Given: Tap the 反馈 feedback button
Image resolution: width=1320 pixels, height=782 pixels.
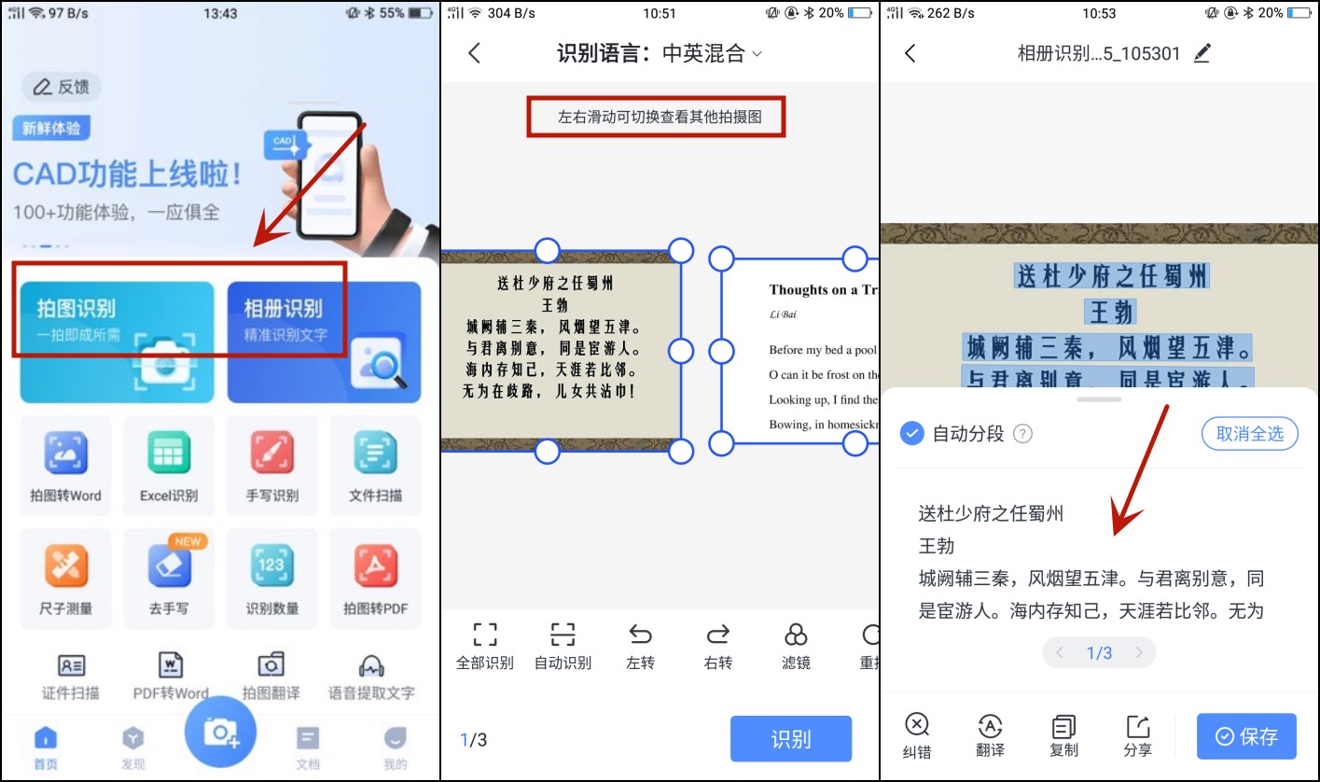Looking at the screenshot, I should coord(62,87).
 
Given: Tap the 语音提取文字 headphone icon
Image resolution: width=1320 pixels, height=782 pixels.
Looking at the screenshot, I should coord(371,666).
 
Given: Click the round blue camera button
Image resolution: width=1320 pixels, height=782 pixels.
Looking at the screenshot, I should coord(220,733).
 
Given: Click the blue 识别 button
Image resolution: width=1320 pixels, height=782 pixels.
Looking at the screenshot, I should coord(790,739).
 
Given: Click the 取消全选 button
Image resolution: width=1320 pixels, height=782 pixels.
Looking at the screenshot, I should coord(1249,433).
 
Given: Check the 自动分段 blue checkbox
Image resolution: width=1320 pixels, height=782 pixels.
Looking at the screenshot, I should coord(911,433).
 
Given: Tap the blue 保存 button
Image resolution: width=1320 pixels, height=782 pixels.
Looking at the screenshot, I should coord(1246,736).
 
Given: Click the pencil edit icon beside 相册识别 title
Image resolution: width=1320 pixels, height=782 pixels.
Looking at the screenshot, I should coord(1202,53).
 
